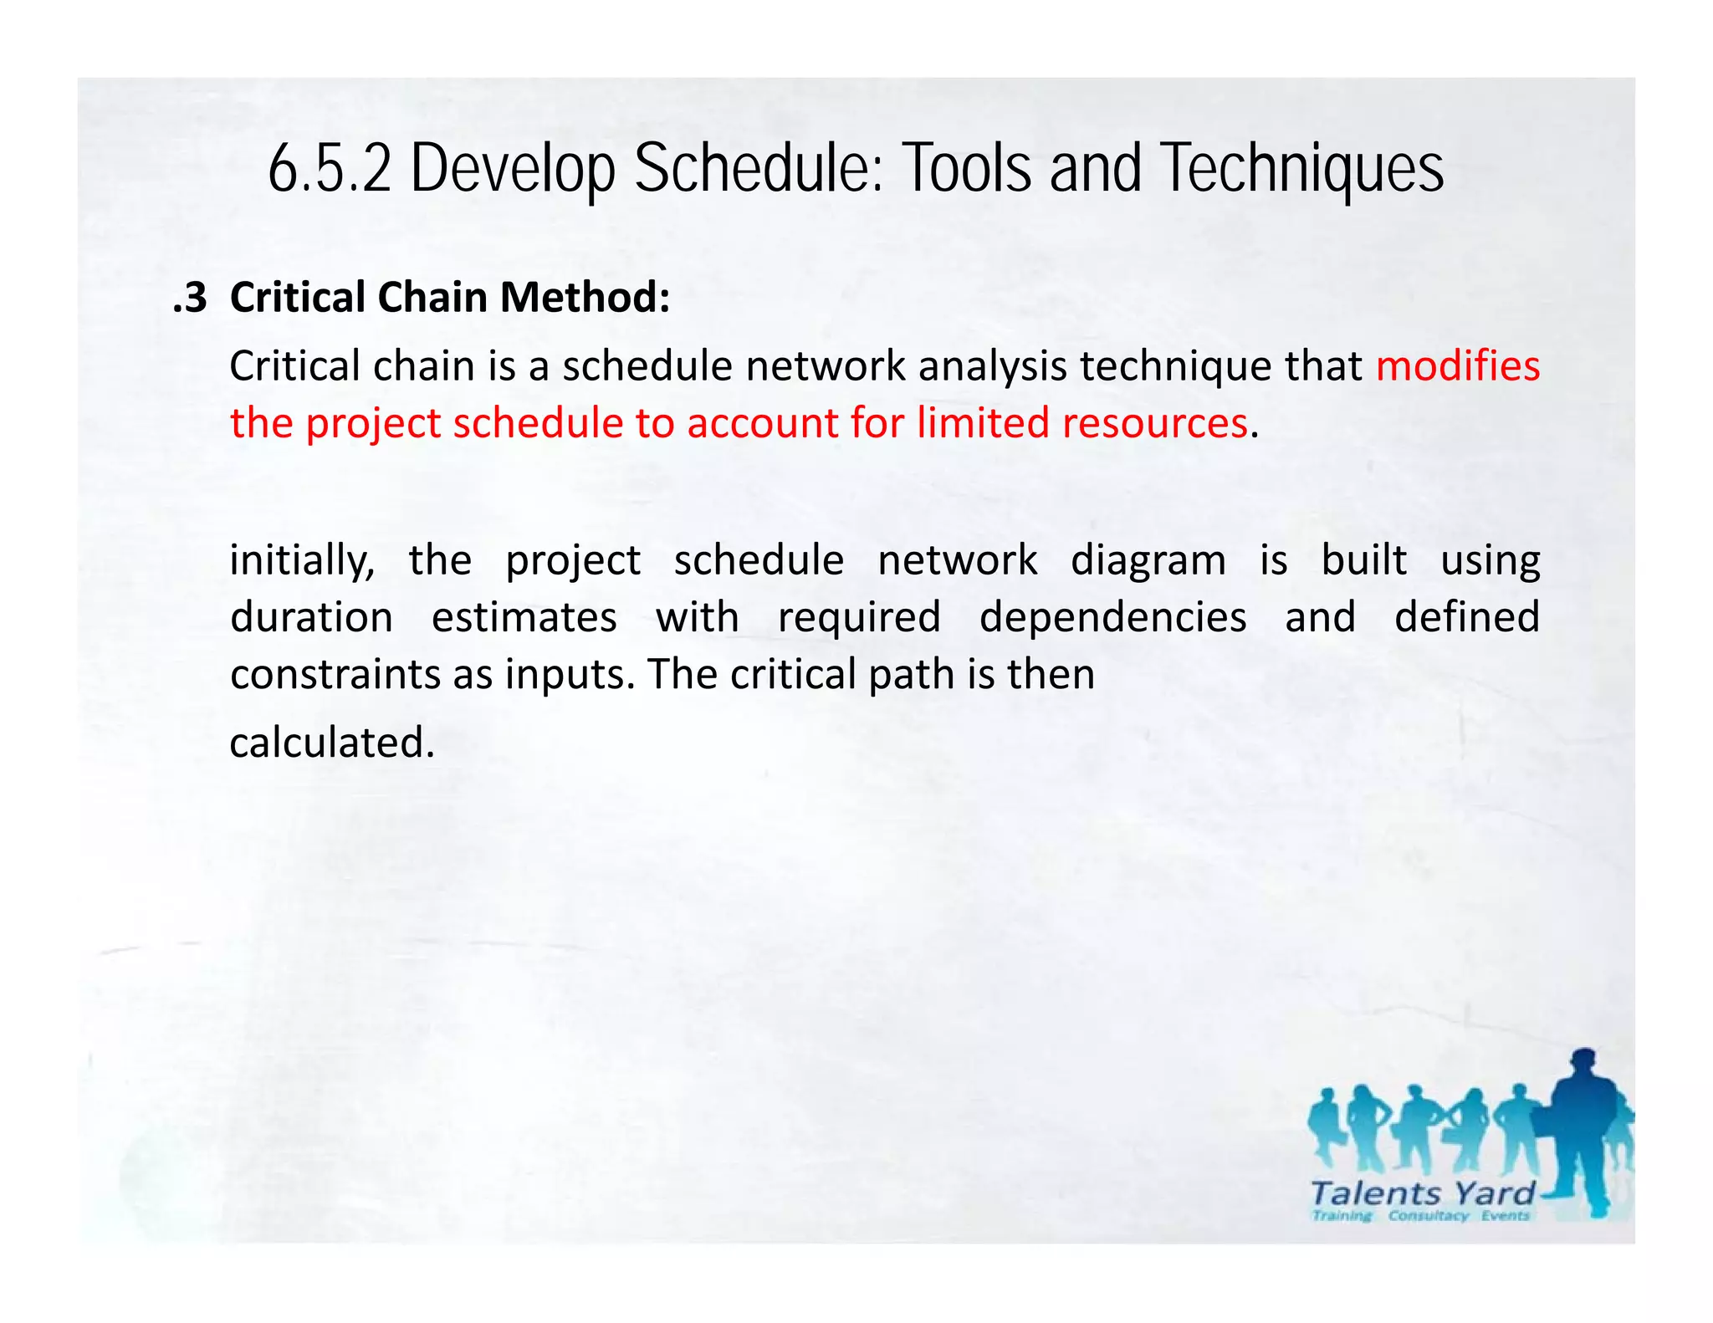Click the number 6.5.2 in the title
[330, 168]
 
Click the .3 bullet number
[190, 298]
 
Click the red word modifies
[1457, 366]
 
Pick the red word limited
[982, 423]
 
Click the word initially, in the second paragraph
[302, 560]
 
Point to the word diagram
[1148, 560]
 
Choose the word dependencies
[1112, 617]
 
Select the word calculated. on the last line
[332, 743]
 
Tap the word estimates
[524, 617]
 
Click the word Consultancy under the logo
[1428, 1216]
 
